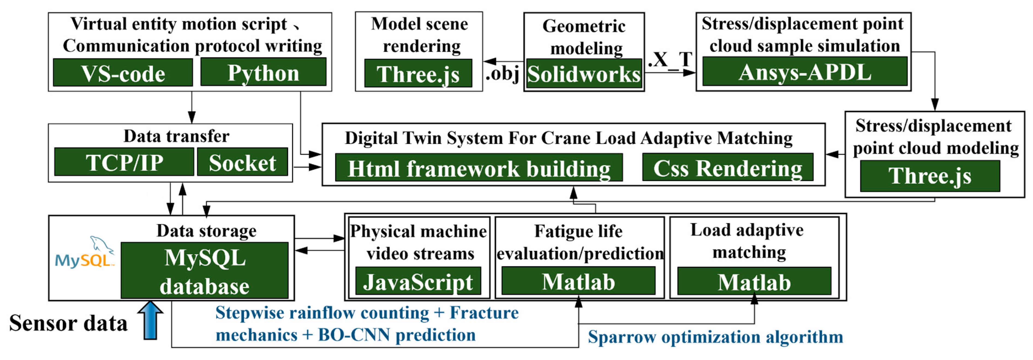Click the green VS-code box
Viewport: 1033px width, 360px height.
pos(123,73)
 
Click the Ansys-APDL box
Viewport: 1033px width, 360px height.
pos(804,71)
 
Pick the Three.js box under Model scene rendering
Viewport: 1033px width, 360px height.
pos(418,73)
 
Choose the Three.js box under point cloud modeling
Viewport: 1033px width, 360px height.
pos(930,176)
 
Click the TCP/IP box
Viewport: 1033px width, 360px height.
pos(124,162)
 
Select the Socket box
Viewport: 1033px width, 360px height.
pos(242,162)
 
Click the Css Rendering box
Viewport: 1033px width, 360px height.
pos(727,167)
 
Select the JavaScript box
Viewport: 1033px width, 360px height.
pos(418,281)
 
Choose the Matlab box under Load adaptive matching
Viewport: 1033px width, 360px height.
pos(754,281)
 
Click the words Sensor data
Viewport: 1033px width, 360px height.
pos(68,323)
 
